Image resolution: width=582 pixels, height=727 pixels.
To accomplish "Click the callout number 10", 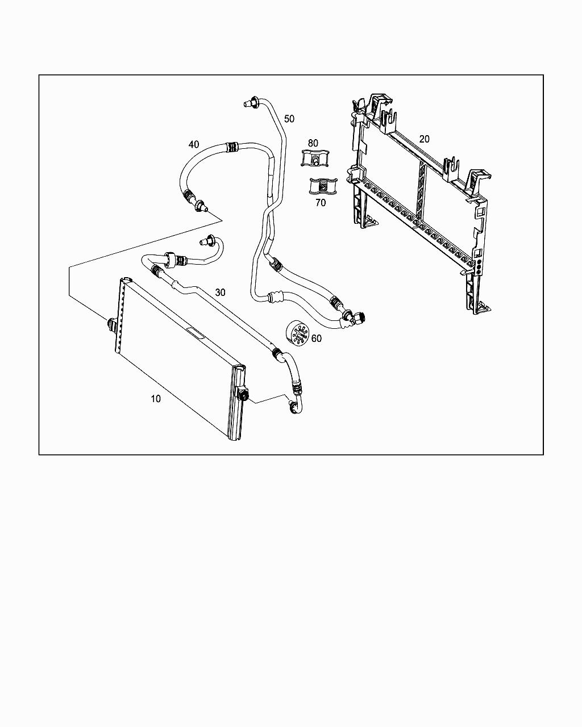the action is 156,399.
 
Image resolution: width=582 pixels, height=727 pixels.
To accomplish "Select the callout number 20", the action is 425,139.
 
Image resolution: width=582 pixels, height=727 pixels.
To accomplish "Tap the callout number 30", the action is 220,292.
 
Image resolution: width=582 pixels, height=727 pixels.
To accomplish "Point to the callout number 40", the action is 194,144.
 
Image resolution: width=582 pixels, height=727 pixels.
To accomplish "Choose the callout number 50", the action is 289,119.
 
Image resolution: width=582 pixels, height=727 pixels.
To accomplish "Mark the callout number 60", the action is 317,339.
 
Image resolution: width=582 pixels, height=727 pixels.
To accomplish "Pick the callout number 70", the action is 321,203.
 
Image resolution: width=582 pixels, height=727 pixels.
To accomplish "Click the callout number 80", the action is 313,143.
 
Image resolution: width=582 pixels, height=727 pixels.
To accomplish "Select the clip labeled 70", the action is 320,186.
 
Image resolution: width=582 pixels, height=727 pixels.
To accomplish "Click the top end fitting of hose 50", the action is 250,103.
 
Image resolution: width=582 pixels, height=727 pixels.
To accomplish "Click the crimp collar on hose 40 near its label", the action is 232,147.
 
